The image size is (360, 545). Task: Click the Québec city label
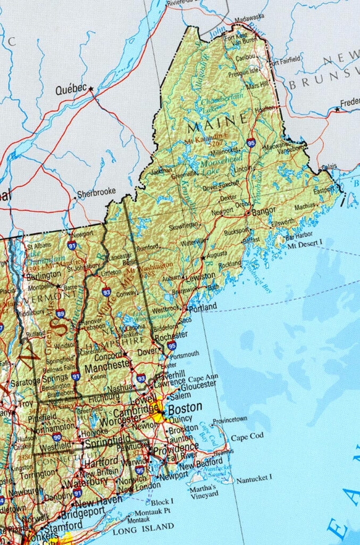[x=71, y=90]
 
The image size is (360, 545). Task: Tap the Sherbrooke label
[x=96, y=192]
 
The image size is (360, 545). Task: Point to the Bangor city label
[x=264, y=211]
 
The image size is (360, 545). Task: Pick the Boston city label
[x=185, y=407]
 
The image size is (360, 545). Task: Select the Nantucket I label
[x=254, y=479]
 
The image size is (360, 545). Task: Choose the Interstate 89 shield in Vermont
[x=61, y=313]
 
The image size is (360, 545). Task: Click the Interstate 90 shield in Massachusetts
[x=57, y=437]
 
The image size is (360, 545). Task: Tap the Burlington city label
[x=43, y=275]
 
